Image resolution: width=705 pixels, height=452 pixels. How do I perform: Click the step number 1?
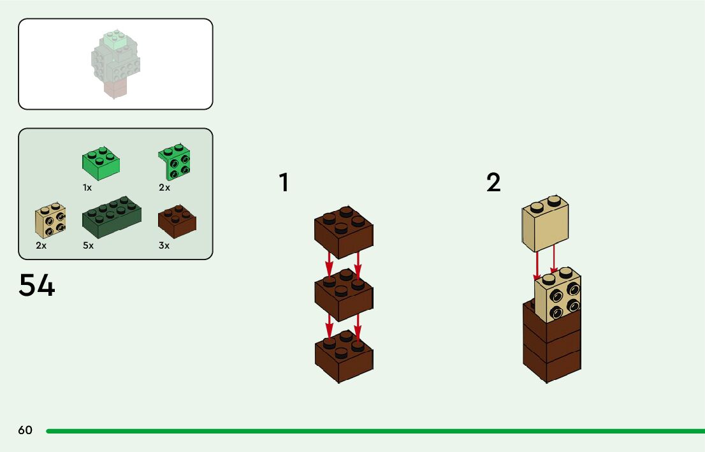coord(284,183)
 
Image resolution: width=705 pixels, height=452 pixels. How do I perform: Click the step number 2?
coord(493,183)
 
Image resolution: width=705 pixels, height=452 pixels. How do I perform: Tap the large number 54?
coord(37,286)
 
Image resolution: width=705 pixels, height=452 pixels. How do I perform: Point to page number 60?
coord(25,430)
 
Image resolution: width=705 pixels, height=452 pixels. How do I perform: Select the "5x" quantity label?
coord(88,245)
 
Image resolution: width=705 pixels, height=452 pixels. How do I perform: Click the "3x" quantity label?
coord(164,245)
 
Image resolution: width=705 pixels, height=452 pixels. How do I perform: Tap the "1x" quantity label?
coord(87,188)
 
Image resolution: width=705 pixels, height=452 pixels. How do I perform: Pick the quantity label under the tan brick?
coord(41,245)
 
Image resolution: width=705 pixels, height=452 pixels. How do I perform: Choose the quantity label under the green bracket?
coord(164,188)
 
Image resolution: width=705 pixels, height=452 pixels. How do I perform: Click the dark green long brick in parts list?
coord(112,217)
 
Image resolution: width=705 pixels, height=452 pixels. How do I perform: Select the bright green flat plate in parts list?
coord(102,164)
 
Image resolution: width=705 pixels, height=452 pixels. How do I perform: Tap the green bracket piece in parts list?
coord(174,163)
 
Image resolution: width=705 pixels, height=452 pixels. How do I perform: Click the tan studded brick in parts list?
coord(50,221)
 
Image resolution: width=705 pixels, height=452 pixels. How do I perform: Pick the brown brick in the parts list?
coord(177,220)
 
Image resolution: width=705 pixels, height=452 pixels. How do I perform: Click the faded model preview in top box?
coord(116,64)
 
